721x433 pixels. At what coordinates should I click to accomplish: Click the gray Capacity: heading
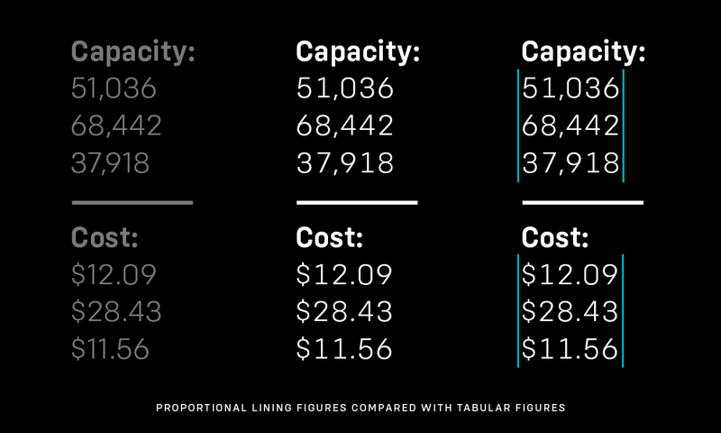[132, 52]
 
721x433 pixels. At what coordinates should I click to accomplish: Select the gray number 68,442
[116, 126]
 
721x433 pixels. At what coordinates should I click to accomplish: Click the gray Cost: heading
[105, 239]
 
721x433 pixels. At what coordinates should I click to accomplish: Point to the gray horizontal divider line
[132, 202]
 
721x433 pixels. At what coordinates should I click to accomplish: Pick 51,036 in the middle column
[345, 89]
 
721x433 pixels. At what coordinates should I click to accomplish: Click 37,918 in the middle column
[345, 163]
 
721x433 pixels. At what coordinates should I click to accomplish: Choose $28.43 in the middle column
[344, 311]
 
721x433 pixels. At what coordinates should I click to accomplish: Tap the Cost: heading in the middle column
[330, 239]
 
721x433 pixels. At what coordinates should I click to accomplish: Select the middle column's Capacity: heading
[359, 52]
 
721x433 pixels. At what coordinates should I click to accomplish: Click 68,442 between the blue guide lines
[570, 126]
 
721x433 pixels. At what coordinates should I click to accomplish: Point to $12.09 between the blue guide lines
[570, 274]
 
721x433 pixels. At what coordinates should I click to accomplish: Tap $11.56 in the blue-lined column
[570, 348]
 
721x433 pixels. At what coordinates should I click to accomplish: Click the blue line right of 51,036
[623, 89]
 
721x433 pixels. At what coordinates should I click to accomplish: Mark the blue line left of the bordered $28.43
[518, 311]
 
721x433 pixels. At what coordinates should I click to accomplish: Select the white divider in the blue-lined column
[582, 202]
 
